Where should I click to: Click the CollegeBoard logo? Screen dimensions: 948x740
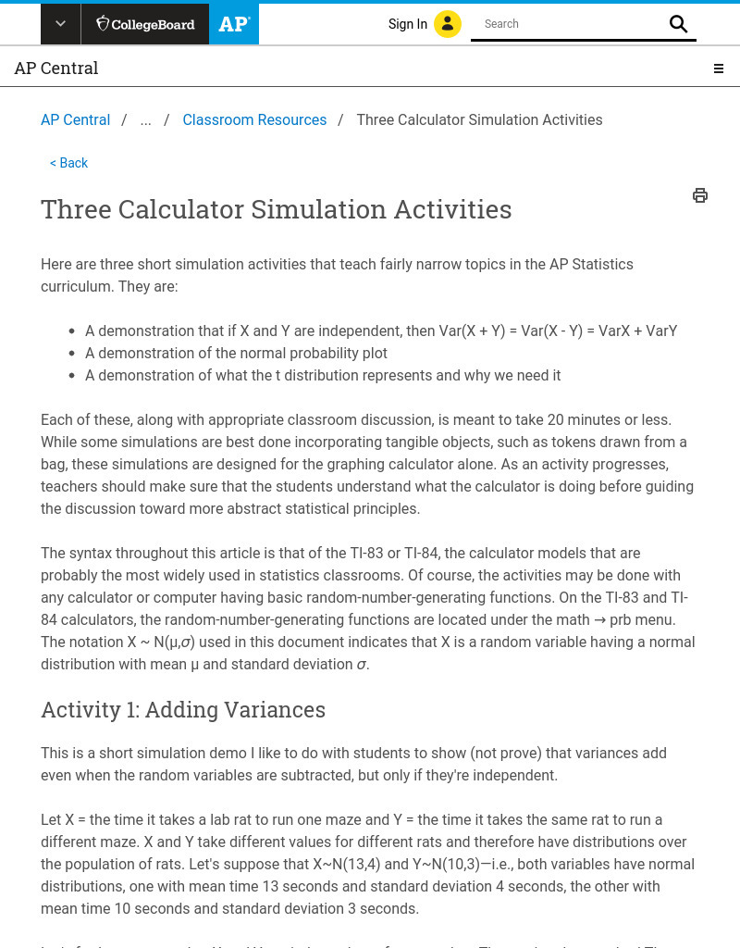(x=145, y=24)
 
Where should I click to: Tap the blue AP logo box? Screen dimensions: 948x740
(x=234, y=24)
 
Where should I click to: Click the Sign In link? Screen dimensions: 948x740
(x=407, y=24)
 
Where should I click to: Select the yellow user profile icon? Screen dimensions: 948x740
(x=448, y=24)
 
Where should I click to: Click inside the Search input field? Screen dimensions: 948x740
(x=569, y=24)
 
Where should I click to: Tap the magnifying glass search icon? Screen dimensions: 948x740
(x=679, y=24)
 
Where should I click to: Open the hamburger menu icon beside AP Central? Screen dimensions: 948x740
(x=718, y=69)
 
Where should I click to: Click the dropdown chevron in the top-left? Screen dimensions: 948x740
(x=60, y=24)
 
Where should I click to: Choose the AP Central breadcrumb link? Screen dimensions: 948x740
(x=75, y=119)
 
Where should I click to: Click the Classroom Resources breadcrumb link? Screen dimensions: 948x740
(x=254, y=119)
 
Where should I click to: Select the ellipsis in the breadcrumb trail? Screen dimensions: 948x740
(x=145, y=119)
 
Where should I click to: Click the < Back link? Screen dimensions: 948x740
(x=69, y=163)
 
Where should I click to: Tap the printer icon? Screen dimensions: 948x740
(x=700, y=195)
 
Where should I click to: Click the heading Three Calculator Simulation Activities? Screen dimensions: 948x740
(x=276, y=209)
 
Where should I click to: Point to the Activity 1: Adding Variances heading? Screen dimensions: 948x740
(x=183, y=709)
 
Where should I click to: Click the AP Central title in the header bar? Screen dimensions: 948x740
(x=56, y=69)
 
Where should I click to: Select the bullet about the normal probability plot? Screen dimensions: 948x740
(x=236, y=353)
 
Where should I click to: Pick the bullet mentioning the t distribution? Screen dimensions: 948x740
(x=323, y=375)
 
